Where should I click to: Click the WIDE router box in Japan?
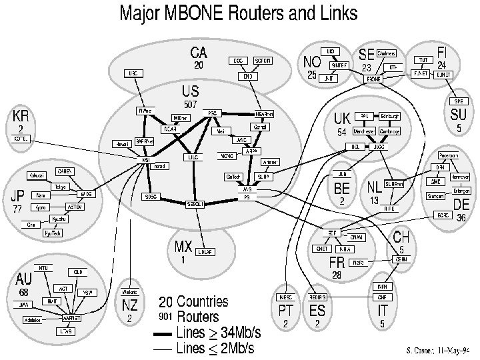pyautogui.click(x=85, y=193)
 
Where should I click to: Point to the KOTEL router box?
pyautogui.click(x=22, y=139)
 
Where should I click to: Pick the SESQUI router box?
pyautogui.click(x=195, y=203)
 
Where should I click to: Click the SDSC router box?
pyautogui.click(x=151, y=197)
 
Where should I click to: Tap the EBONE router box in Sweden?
pyautogui.click(x=373, y=79)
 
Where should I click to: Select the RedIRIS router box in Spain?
pyautogui.click(x=317, y=297)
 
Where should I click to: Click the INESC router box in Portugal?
pyautogui.click(x=284, y=297)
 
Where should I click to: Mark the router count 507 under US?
pyautogui.click(x=190, y=105)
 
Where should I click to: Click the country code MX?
pyautogui.click(x=183, y=247)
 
